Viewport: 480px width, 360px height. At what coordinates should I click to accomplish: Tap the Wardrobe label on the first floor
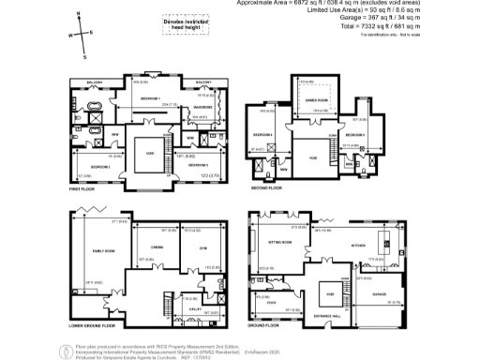point(205,107)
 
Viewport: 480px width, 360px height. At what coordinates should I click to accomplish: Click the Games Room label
point(315,100)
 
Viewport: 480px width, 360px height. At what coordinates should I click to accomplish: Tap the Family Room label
point(91,250)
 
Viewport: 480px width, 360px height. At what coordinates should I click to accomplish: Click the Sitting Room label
point(282,242)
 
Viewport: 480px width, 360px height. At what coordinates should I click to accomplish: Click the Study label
point(272,303)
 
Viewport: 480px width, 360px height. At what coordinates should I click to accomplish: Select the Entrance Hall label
point(329,317)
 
